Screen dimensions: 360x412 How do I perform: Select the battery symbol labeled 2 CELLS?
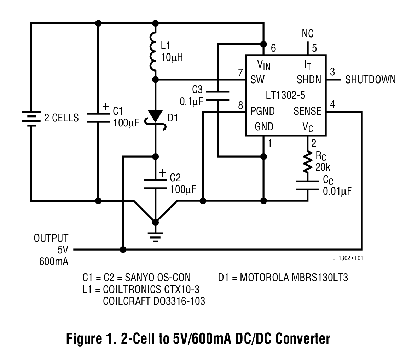pos(31,118)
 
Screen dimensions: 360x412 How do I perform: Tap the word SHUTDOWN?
pos(370,80)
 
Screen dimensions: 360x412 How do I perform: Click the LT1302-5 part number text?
pos(286,95)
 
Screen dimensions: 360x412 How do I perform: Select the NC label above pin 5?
pos(308,34)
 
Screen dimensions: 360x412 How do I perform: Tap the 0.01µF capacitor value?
pos(337,191)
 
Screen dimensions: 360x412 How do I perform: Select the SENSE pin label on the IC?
pos(307,112)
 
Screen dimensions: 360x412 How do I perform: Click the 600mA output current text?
pos(54,262)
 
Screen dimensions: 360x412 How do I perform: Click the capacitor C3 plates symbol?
pos(217,95)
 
